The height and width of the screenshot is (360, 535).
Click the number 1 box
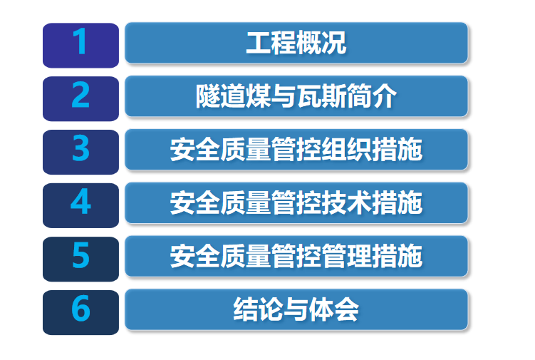coord(81,46)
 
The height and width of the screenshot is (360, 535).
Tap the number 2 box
coord(81,98)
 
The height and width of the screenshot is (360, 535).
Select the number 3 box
coord(81,152)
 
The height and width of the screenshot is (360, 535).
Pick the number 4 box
coord(81,205)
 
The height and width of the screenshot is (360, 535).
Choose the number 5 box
coord(81,259)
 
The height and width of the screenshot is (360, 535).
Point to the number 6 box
coord(81,312)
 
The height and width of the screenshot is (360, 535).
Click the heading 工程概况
coord(296,43)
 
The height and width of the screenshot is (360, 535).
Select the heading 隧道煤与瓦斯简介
coord(296,96)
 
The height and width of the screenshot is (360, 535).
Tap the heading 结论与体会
coord(296,309)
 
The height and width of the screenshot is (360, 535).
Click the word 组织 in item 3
coord(346,149)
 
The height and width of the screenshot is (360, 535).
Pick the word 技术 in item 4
coord(346,202)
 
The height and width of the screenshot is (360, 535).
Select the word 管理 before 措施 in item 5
coord(346,256)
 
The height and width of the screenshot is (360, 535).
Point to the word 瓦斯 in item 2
coord(321,96)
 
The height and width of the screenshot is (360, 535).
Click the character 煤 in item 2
coord(259,96)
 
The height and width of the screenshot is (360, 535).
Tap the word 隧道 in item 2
coord(221,96)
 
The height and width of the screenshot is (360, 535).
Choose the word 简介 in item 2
coord(372,96)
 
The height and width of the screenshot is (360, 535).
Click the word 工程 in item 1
coord(271,43)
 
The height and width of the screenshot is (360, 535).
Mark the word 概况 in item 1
coord(321,43)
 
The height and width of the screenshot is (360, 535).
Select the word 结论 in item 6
coord(259,309)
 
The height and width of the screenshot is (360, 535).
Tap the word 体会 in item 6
coord(334,309)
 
